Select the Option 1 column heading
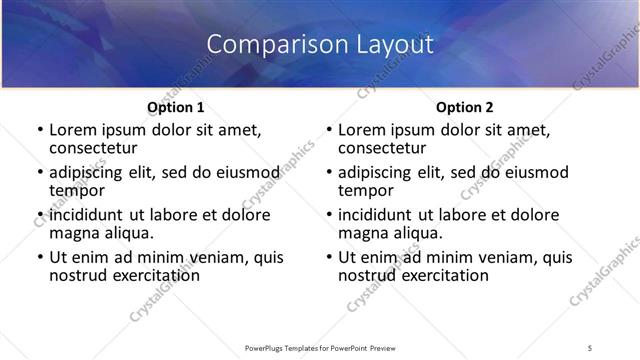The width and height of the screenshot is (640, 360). point(175,107)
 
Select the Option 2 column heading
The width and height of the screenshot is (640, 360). point(464,107)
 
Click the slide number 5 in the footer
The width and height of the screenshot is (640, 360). point(590,347)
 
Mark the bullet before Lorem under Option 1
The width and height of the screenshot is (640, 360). point(39,131)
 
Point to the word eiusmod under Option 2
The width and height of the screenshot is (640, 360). point(535,172)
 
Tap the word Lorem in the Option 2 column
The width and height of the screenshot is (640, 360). point(361,130)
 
